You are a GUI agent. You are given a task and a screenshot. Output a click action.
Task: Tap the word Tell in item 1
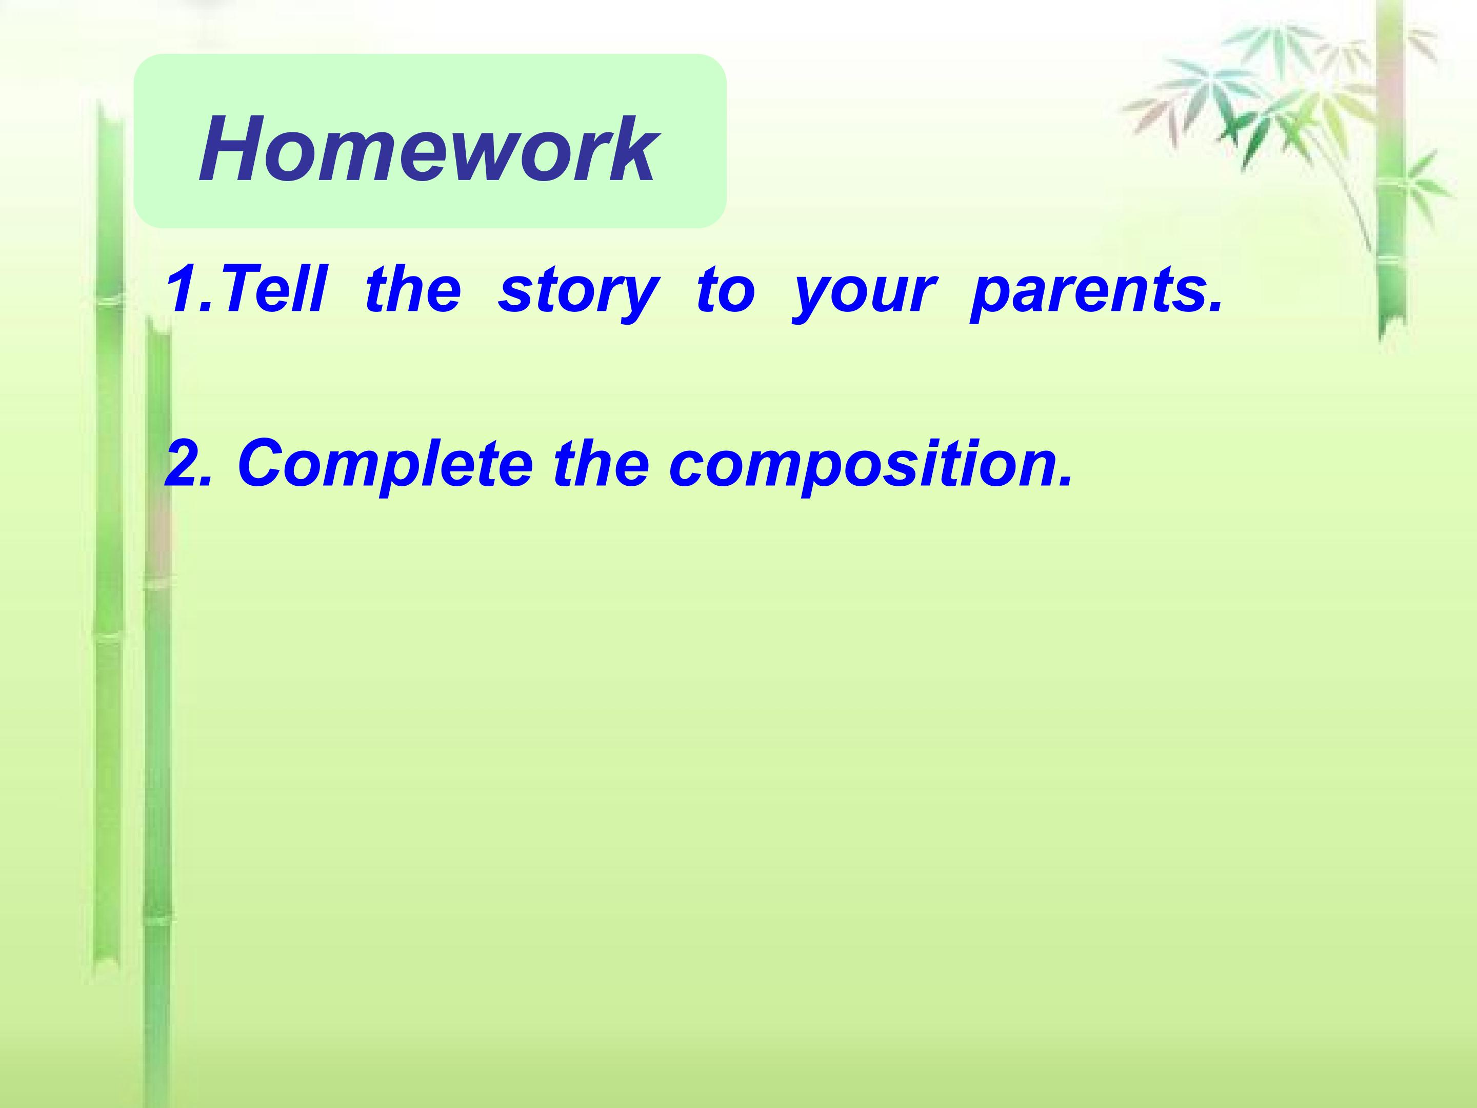point(273,288)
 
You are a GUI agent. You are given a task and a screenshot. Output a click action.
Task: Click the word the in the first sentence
point(413,288)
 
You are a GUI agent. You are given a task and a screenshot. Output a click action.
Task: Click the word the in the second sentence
point(602,463)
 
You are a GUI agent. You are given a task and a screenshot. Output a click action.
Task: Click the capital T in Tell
point(241,288)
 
